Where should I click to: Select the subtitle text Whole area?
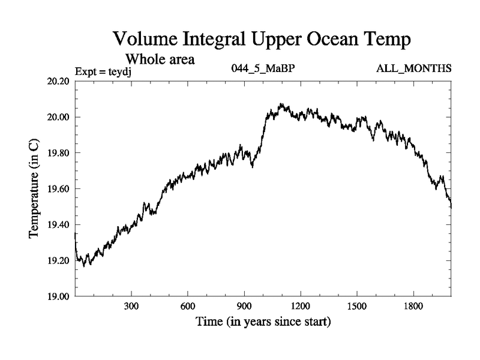point(160,60)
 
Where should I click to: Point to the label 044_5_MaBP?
point(263,68)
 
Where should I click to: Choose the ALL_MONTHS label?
point(413,68)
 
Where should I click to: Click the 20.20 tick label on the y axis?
point(59,81)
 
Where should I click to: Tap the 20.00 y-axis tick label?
point(59,117)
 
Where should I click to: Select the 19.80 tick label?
point(59,153)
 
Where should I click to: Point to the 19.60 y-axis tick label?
point(59,189)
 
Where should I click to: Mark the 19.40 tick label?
point(59,225)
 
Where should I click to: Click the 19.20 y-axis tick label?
point(59,261)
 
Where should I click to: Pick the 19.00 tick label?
point(59,296)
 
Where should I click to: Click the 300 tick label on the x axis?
point(131,307)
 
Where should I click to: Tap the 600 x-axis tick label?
point(188,307)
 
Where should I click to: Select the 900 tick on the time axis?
point(244,307)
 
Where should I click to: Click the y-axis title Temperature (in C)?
point(34,188)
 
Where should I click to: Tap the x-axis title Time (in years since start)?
point(263,322)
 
